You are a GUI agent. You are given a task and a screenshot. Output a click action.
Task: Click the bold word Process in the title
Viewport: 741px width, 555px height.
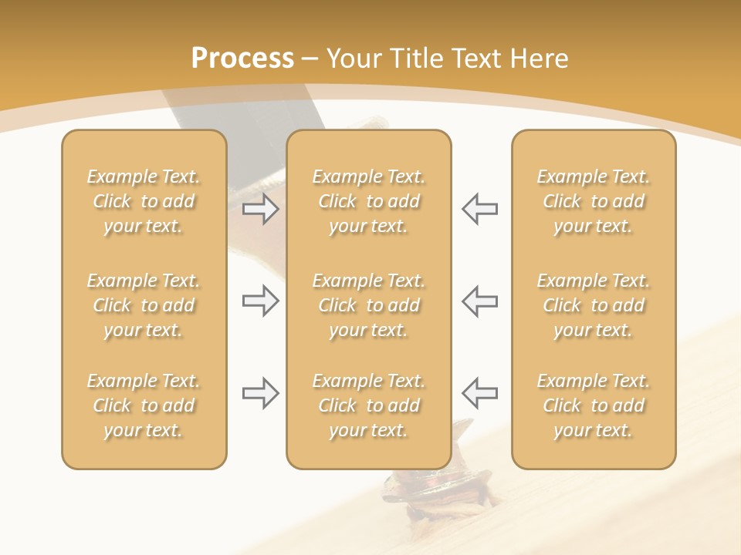242,59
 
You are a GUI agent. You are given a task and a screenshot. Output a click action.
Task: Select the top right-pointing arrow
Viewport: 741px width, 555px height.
260,209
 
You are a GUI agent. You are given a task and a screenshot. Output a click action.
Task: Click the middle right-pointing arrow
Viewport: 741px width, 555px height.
260,301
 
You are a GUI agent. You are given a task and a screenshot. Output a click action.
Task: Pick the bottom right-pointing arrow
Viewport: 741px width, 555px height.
260,393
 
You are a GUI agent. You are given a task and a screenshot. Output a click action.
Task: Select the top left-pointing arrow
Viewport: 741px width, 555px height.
479,209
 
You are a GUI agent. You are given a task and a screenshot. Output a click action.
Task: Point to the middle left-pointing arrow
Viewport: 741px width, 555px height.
479,301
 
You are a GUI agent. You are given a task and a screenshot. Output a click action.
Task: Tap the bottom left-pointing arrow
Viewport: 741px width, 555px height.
479,393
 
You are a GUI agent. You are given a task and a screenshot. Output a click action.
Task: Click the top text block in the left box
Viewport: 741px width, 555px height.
144,201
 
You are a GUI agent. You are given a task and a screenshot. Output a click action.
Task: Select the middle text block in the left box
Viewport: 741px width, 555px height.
144,305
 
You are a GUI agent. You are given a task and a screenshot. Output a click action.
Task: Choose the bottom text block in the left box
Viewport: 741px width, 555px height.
144,405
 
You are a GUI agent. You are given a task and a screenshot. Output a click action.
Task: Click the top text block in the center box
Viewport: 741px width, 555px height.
369,201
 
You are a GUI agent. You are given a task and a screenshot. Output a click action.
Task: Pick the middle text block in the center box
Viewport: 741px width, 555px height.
369,305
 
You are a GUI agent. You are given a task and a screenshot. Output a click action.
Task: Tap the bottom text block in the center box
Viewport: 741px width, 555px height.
369,405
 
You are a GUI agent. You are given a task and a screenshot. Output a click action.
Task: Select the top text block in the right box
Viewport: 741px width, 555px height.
594,201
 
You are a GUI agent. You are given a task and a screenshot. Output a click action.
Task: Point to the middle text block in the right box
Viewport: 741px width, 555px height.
594,305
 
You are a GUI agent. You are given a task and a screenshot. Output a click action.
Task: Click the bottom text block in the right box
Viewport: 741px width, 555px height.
594,405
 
